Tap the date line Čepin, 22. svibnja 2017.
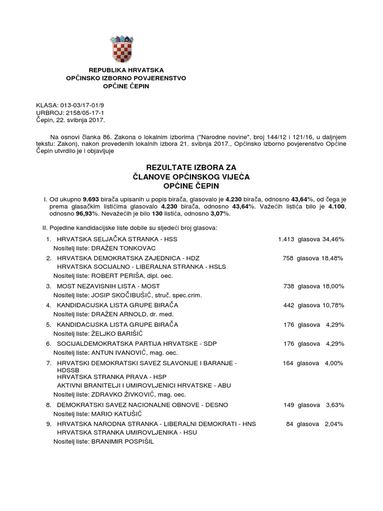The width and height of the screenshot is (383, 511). [x=71, y=121]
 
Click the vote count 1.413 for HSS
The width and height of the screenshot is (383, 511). [x=286, y=240]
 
